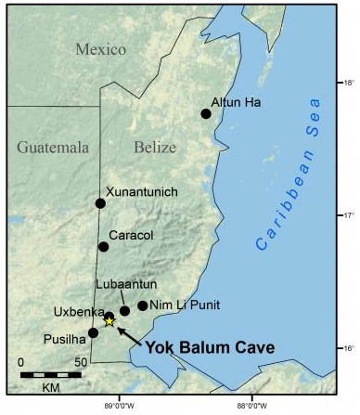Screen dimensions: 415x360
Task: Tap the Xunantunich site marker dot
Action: (x=100, y=203)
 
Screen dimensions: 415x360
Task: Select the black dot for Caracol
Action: (x=104, y=246)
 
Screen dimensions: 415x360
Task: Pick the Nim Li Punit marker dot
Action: (x=142, y=305)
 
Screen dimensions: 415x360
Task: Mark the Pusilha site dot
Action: (x=93, y=332)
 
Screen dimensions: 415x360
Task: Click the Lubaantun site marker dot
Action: (x=125, y=311)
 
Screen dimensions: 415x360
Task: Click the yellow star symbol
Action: (x=109, y=321)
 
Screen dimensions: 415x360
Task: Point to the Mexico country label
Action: (x=101, y=48)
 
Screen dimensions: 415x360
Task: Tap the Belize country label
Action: (x=155, y=147)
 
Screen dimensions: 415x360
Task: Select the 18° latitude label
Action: (x=351, y=83)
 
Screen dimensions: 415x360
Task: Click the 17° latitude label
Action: (x=351, y=215)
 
